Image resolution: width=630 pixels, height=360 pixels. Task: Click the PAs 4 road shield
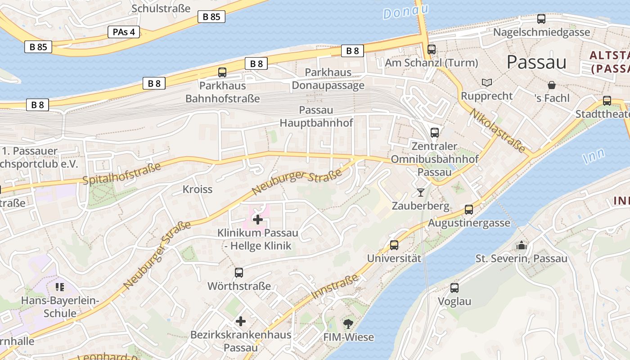124,32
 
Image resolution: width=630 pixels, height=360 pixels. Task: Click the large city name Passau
536,62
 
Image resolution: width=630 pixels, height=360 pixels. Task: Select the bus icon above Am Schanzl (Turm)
432,49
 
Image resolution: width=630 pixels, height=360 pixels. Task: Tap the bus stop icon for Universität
394,245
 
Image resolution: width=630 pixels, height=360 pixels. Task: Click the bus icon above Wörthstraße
239,272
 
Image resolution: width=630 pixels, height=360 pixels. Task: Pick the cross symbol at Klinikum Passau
258,220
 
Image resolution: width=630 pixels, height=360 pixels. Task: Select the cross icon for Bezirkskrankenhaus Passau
241,321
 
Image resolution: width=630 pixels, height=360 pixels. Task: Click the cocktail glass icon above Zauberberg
421,193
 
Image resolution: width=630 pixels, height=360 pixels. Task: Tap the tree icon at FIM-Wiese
348,323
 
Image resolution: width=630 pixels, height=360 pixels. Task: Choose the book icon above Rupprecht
486,82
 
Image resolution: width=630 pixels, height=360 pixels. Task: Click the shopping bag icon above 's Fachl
551,85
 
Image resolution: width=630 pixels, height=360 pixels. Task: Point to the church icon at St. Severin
522,245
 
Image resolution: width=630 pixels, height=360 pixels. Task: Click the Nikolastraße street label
497,130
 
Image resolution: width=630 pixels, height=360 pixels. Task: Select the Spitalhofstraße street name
122,174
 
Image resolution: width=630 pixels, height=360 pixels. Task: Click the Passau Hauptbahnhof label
316,117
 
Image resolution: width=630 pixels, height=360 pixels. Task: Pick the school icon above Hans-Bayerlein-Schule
60,287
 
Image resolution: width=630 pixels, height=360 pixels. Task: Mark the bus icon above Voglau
454,288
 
